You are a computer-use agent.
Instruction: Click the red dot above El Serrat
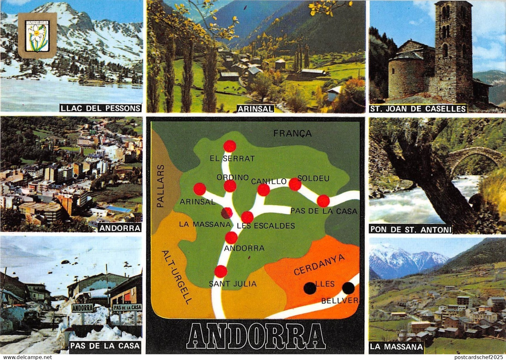point(230,146)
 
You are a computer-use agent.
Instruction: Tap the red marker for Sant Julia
point(221,272)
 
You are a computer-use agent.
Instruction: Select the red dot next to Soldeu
point(295,184)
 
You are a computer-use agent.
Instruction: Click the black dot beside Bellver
point(348,288)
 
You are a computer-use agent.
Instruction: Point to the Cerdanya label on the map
point(319,265)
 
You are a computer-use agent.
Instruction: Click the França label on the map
point(292,133)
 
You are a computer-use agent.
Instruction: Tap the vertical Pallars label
point(161,186)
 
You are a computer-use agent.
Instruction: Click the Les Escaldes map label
point(266,226)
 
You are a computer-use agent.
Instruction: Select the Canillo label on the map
point(269,181)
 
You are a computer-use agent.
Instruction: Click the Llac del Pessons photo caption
point(100,108)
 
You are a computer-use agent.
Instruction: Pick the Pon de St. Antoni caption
point(410,229)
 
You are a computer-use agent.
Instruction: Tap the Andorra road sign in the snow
point(82,308)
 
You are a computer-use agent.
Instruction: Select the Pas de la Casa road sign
point(127,307)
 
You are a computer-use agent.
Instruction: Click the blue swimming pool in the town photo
point(118,209)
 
